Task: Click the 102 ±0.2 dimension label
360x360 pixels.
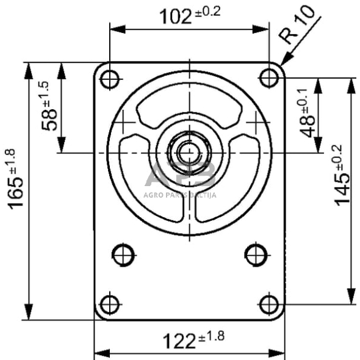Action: (x=189, y=16)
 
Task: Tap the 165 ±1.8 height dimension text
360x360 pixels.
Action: (x=16, y=178)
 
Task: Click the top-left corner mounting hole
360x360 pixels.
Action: (x=109, y=79)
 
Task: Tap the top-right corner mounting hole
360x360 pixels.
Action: (x=268, y=78)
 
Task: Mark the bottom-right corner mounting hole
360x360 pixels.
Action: (x=268, y=303)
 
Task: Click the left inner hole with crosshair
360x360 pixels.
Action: (x=123, y=254)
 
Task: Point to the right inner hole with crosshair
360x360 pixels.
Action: (x=255, y=254)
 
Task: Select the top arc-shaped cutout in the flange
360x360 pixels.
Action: (x=189, y=107)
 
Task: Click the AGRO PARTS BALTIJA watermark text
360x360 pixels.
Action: (x=180, y=195)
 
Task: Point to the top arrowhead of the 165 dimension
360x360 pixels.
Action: (x=28, y=68)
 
